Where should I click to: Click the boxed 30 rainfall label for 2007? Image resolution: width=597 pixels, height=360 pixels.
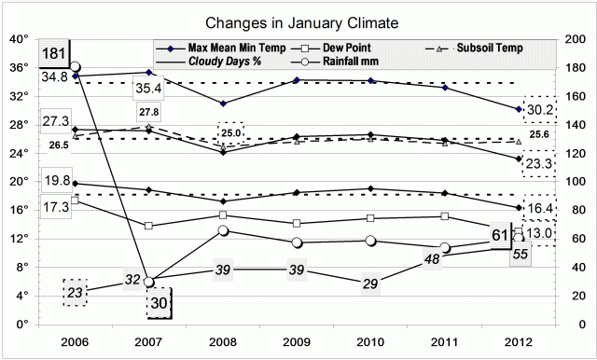(x=160, y=302)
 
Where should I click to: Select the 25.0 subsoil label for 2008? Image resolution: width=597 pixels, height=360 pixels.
(x=230, y=133)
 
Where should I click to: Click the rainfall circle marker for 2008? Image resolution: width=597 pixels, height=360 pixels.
(x=224, y=231)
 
